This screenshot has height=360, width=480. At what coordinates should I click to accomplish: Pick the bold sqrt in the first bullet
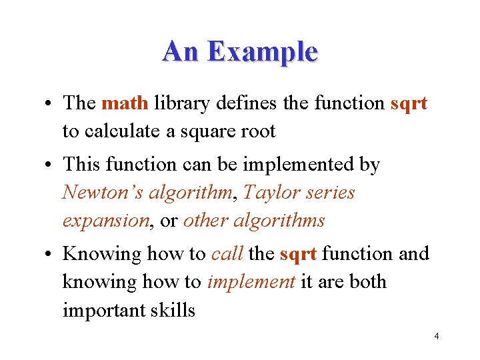409,104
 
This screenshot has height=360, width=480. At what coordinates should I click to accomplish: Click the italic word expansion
105,221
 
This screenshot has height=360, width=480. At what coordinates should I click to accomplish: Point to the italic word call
227,254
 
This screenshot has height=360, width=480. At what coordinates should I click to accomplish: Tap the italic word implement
251,282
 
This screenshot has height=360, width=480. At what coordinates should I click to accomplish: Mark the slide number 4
436,336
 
